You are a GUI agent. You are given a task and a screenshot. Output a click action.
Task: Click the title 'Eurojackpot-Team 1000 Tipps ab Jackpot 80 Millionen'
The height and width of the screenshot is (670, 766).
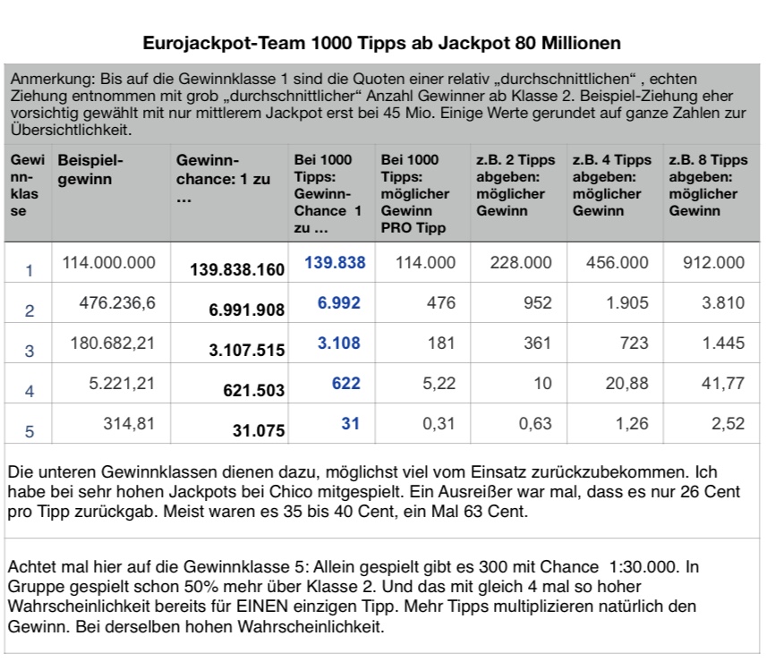pyautogui.click(x=381, y=43)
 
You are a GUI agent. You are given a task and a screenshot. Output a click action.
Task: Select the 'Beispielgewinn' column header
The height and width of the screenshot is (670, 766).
pyautogui.click(x=90, y=169)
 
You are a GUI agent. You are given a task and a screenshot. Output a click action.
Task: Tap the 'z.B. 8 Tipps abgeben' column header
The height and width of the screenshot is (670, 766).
pyautogui.click(x=708, y=185)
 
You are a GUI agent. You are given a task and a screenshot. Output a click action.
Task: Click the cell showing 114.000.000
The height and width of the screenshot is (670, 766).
pyautogui.click(x=108, y=263)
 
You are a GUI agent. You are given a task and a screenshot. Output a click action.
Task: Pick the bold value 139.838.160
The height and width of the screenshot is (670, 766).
pyautogui.click(x=237, y=269)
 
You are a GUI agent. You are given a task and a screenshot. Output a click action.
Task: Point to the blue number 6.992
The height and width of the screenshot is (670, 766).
pyautogui.click(x=338, y=302)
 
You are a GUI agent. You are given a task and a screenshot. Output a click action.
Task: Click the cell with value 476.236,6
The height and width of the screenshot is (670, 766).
pyautogui.click(x=117, y=303)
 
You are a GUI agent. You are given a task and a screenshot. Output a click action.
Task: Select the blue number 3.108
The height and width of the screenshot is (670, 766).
pyautogui.click(x=338, y=343)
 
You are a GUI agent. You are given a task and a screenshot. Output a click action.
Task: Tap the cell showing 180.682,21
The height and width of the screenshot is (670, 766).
pyautogui.click(x=113, y=343)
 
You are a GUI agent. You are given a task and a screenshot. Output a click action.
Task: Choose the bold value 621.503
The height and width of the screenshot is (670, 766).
pyautogui.click(x=253, y=391)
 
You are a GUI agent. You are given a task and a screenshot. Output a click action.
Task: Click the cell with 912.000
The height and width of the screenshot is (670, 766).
pyautogui.click(x=714, y=263)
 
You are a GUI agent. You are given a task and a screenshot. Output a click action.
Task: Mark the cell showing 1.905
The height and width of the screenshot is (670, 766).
pyautogui.click(x=627, y=302)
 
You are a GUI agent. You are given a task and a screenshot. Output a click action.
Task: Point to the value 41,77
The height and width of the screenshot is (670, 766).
pyautogui.click(x=723, y=384)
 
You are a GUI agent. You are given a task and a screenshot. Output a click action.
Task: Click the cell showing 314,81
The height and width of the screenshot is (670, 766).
pyautogui.click(x=129, y=424)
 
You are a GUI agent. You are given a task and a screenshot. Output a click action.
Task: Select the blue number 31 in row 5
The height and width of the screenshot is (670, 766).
pyautogui.click(x=350, y=423)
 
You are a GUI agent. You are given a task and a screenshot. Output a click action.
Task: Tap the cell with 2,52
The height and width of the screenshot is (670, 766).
pyautogui.click(x=728, y=424)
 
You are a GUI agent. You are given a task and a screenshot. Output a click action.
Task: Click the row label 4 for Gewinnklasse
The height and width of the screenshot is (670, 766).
pyautogui.click(x=30, y=391)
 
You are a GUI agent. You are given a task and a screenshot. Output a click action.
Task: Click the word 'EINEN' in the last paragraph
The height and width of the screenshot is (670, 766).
pyautogui.click(x=262, y=606)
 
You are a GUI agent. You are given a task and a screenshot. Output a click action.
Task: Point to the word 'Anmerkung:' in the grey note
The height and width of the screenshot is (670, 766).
pyautogui.click(x=54, y=79)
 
